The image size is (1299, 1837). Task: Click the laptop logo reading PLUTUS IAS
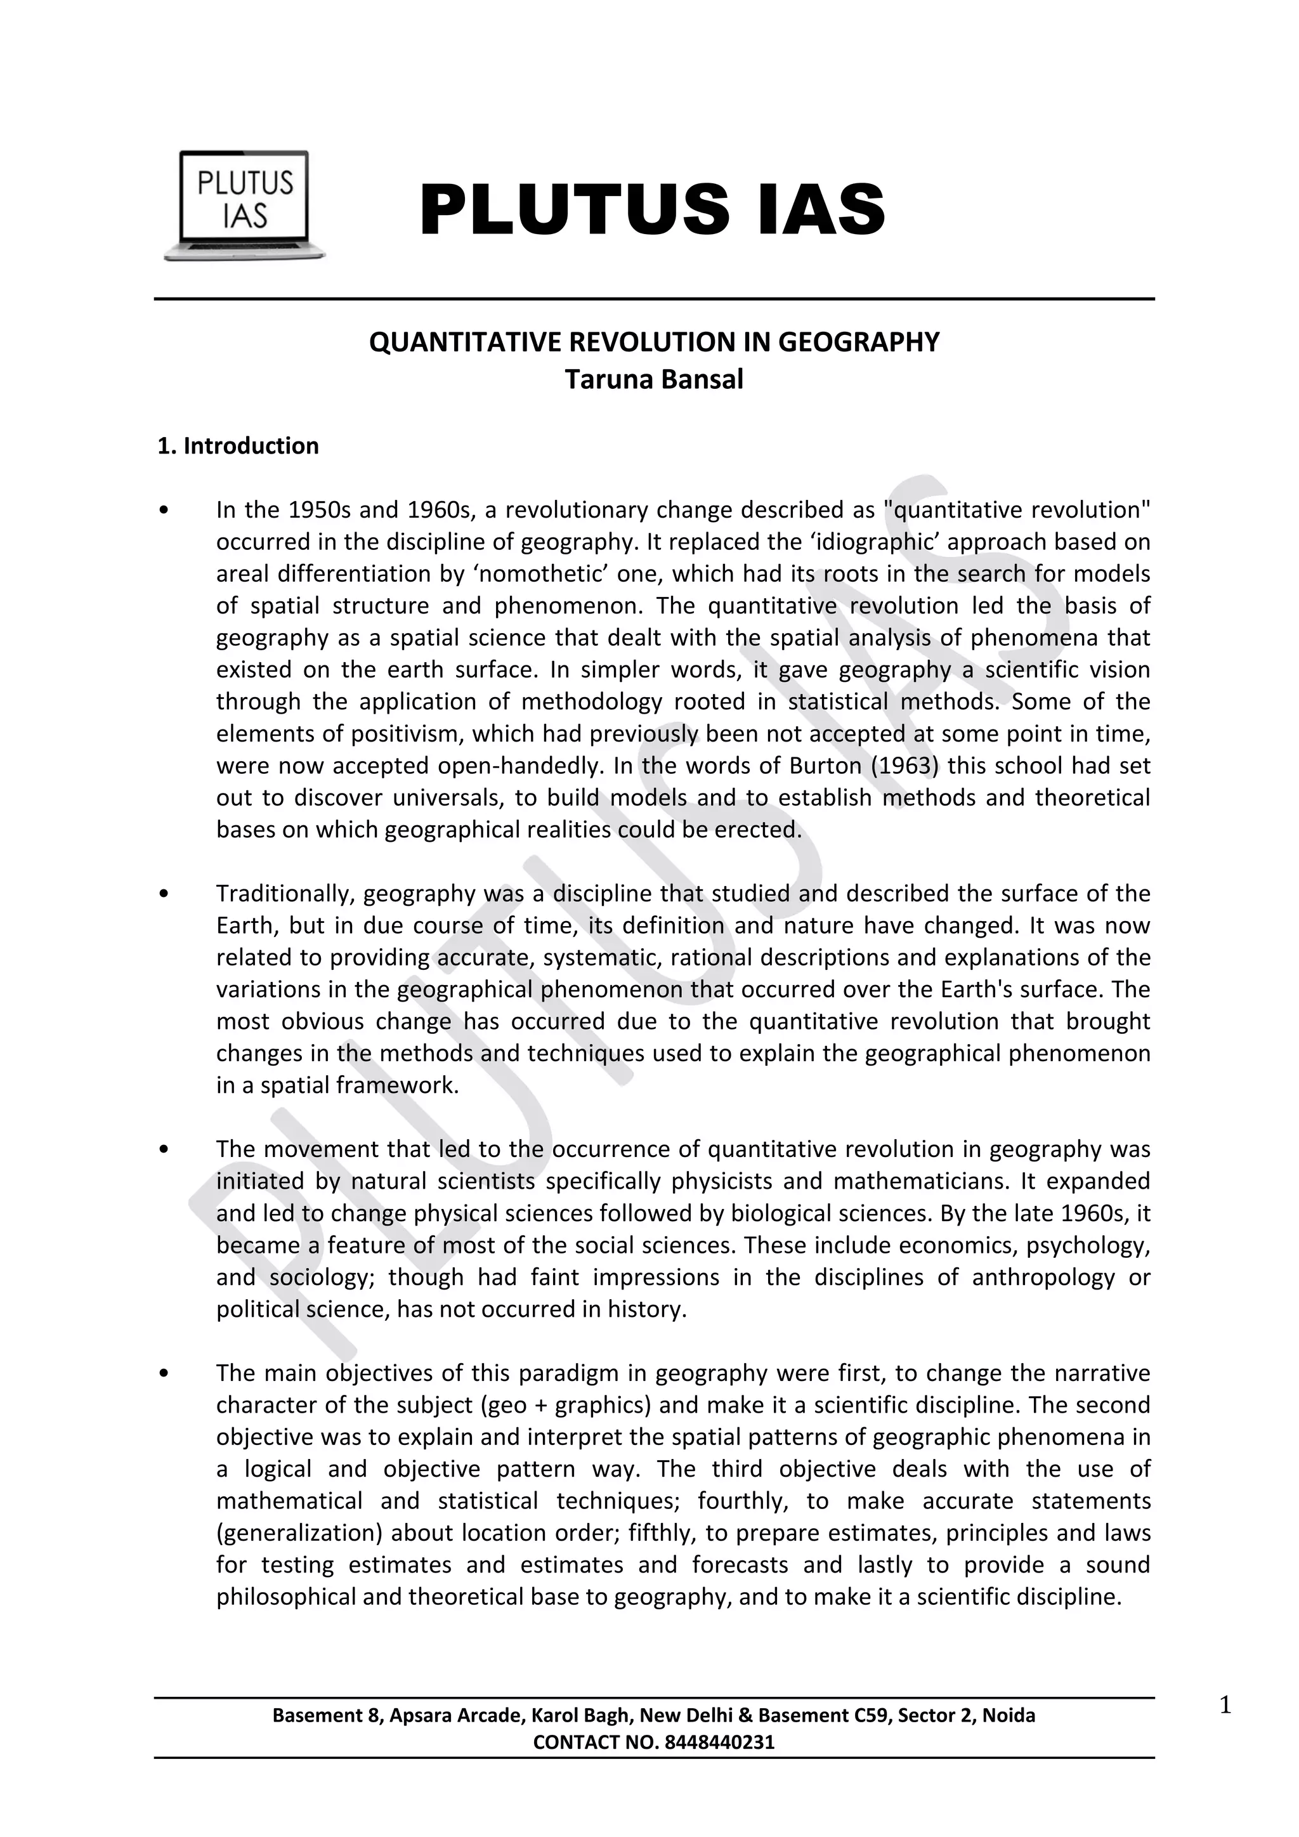[244, 206]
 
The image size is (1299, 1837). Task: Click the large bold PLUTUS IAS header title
[652, 209]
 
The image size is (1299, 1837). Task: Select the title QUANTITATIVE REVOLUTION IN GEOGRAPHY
[653, 343]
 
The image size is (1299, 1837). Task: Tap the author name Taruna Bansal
[653, 379]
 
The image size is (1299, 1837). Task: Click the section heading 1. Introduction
[238, 447]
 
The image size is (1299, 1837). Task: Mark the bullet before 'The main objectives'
[164, 1374]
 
